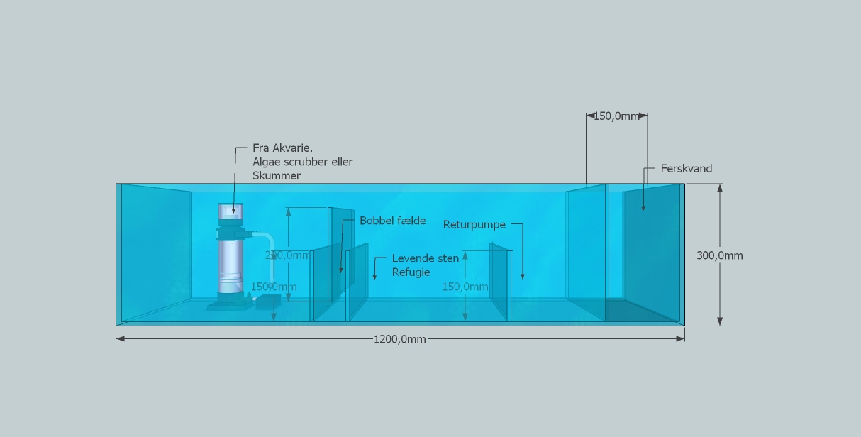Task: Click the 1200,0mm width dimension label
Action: coord(400,339)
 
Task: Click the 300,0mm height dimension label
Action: coord(719,255)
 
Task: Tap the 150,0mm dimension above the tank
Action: coord(616,116)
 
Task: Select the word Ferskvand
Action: coord(686,169)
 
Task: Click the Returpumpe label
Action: coord(474,225)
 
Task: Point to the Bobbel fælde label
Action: coord(392,221)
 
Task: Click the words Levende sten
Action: coord(425,258)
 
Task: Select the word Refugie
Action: coord(411,272)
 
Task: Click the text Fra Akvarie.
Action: coord(282,148)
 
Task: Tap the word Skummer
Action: coord(276,175)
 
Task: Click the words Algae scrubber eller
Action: coord(302,162)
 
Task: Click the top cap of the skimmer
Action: coord(230,210)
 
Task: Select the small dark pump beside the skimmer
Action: coord(268,302)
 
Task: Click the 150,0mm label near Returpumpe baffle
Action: coord(465,287)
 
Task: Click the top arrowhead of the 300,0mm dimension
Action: coord(720,188)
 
